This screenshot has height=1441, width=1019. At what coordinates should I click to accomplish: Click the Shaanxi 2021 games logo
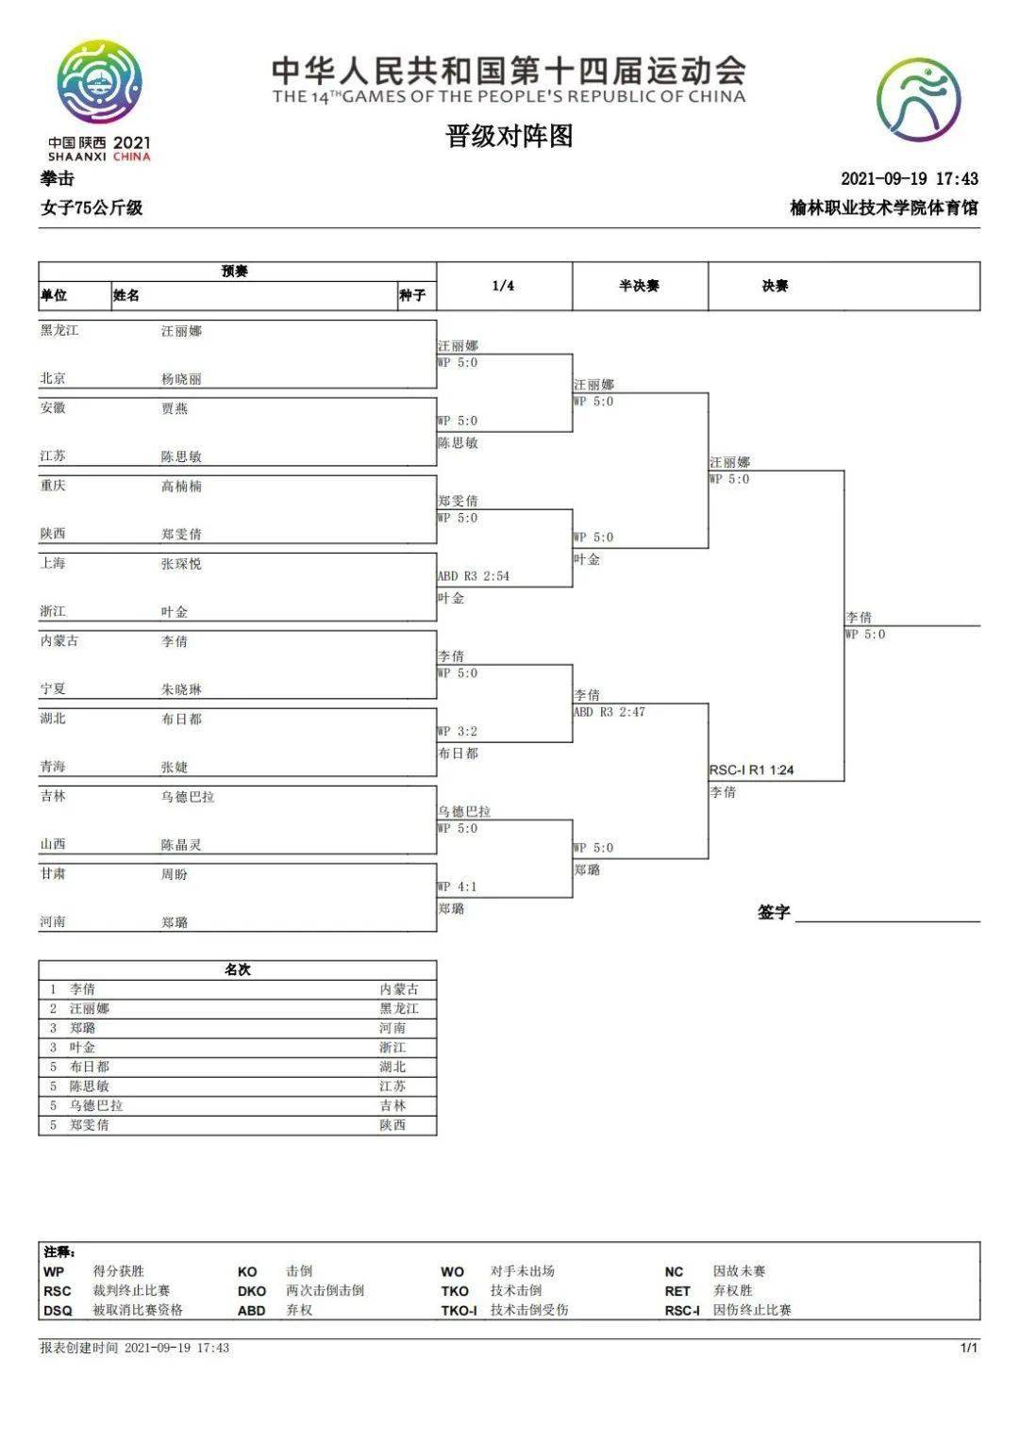99,99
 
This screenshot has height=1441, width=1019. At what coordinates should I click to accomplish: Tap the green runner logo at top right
917,99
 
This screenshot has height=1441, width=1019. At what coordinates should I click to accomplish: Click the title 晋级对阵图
509,137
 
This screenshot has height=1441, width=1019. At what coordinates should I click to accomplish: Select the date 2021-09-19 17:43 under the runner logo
909,178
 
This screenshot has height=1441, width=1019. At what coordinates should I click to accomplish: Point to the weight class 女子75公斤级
92,207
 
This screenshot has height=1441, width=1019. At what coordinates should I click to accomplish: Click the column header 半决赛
639,286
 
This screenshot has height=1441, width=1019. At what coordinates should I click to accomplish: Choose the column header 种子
412,296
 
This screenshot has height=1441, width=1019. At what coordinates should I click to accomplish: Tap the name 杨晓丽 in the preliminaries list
181,379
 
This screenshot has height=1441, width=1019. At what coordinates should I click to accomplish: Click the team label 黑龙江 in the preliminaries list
59,331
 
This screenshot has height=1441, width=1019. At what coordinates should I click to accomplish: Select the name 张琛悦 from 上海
181,564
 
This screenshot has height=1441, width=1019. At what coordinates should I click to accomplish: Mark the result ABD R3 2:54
473,576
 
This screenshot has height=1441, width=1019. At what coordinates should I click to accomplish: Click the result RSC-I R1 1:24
751,770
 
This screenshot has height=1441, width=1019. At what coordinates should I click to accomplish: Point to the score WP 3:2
458,732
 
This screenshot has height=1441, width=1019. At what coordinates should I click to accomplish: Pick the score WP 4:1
458,887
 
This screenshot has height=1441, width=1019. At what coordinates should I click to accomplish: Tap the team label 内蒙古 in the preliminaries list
59,641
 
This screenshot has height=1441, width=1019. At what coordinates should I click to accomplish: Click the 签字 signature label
774,912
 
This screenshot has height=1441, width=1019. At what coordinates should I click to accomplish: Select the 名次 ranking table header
237,969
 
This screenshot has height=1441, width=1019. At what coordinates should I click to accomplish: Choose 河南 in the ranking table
393,1028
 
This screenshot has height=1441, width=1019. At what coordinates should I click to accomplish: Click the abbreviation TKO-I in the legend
459,1310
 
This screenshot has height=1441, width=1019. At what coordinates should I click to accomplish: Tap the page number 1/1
969,1348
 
